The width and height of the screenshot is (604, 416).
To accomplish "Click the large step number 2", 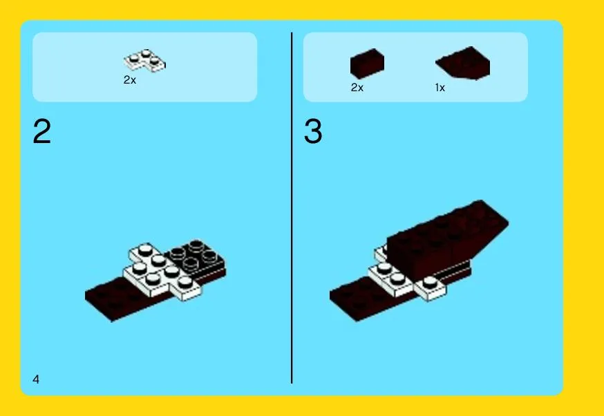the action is [42, 131].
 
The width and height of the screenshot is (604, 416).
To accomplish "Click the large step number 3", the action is [313, 131].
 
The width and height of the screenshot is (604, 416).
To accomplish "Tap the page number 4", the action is [36, 379].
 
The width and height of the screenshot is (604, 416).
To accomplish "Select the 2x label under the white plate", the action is [130, 79].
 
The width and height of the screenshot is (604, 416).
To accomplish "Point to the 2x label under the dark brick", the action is [357, 88].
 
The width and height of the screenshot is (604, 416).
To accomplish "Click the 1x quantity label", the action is [440, 88].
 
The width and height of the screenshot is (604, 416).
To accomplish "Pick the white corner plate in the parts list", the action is [145, 61].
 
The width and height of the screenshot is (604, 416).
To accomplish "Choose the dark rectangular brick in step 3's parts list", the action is [367, 63].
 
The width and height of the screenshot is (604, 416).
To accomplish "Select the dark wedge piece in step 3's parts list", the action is [463, 63].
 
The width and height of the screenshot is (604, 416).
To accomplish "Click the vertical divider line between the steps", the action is [292, 208].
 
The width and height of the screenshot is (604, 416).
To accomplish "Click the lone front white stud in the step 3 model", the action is [430, 283].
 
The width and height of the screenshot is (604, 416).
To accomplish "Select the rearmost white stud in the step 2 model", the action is [145, 249].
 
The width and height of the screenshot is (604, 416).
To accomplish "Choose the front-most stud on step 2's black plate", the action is [190, 264].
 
